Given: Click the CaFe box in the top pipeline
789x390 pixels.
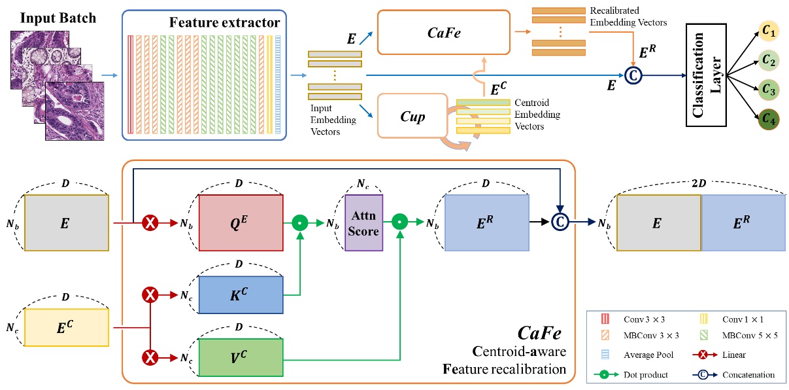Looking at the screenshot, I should coord(443,31).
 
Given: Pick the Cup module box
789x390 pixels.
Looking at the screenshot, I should coord(412,116).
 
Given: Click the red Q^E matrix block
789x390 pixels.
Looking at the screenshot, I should coord(240,223).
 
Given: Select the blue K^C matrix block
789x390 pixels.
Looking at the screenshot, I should coord(240,295).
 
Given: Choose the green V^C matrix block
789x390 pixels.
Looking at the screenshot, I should coord(240,357).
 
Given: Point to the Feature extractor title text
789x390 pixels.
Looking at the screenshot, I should coord(224,23).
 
